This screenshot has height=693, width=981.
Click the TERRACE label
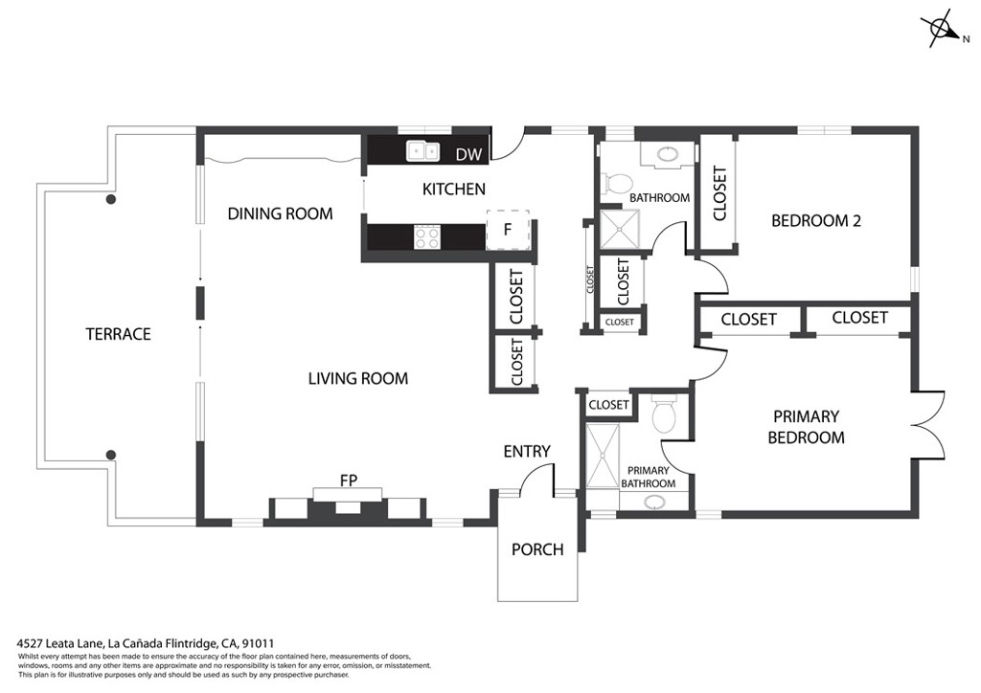point(118,334)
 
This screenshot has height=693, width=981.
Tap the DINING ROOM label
point(280,213)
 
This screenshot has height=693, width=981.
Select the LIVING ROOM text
point(358,378)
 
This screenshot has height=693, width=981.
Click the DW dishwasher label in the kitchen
point(468,154)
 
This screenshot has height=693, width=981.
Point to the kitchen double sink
point(422,150)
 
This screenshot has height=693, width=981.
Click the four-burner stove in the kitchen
point(427,237)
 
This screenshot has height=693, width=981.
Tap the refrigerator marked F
point(508,230)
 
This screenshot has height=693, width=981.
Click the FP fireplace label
point(349,481)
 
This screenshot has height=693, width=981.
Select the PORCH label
point(537,549)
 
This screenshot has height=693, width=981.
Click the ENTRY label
point(527,451)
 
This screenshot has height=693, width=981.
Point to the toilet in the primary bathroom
point(664,414)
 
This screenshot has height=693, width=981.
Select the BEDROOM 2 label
point(816,220)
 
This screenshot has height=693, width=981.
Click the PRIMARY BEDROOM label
point(806,427)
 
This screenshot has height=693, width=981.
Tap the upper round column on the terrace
point(111,200)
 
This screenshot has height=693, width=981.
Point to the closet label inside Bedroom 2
point(719,193)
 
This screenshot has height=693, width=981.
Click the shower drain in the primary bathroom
point(604,456)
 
